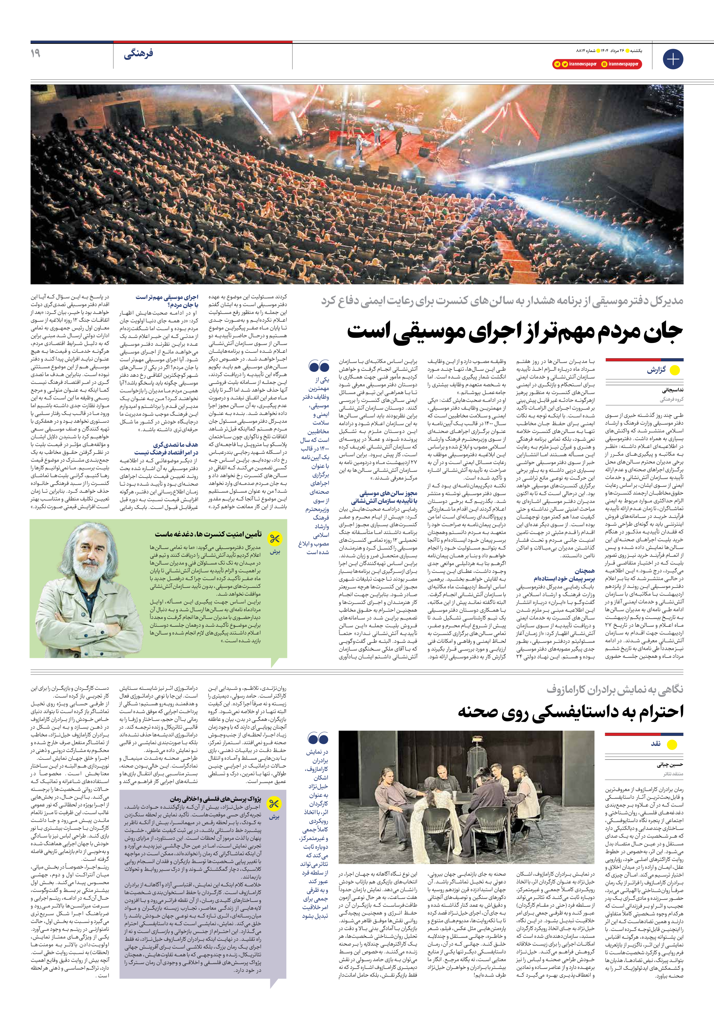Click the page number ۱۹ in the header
pos(35,53)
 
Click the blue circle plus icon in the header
pos(673,59)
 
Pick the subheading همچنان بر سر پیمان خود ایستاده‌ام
pos(564,575)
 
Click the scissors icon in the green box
pos(274,539)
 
